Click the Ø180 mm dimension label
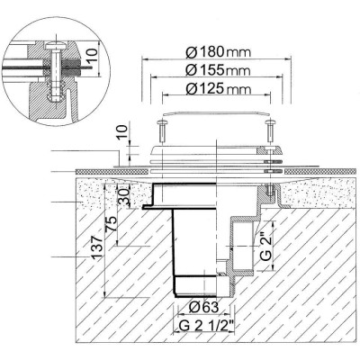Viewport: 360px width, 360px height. pos(218,52)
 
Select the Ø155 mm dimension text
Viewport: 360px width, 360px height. pos(218,70)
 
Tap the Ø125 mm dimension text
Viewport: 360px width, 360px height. pos(218,89)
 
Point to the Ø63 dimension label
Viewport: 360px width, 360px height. pos(203,307)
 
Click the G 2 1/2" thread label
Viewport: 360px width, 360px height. pos(206,325)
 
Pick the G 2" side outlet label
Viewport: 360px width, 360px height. pos(265,245)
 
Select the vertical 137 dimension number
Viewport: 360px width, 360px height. pos(95,247)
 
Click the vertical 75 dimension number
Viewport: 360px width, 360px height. pos(111,224)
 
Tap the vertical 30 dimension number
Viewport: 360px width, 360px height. pos(123,196)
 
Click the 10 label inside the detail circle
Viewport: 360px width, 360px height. pos(94,56)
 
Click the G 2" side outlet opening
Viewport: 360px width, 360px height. pos(243,245)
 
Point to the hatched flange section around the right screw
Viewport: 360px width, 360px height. pos(268,150)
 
